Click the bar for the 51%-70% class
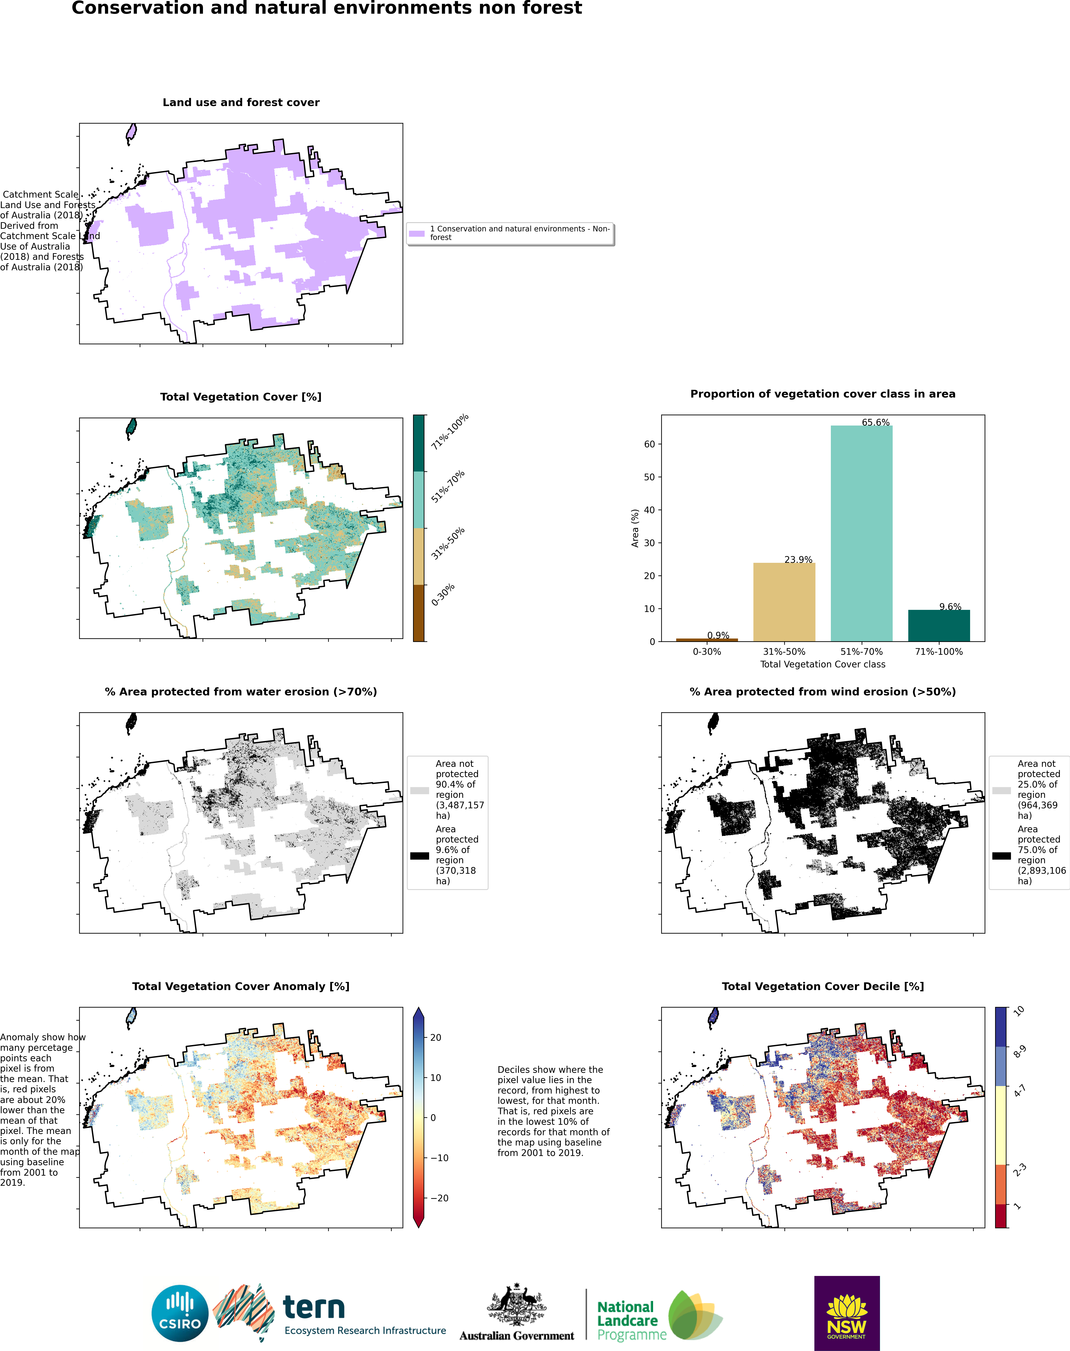(861, 534)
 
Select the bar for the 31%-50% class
(784, 602)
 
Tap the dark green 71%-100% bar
(939, 626)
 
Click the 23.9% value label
(798, 559)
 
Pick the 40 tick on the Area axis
(650, 510)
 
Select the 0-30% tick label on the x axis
(707, 651)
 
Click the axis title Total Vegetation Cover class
(823, 664)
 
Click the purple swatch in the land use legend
(417, 234)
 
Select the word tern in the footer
(313, 1307)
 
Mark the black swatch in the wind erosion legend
(1001, 856)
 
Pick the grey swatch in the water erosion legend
(419, 790)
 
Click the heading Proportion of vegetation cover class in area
(823, 394)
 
